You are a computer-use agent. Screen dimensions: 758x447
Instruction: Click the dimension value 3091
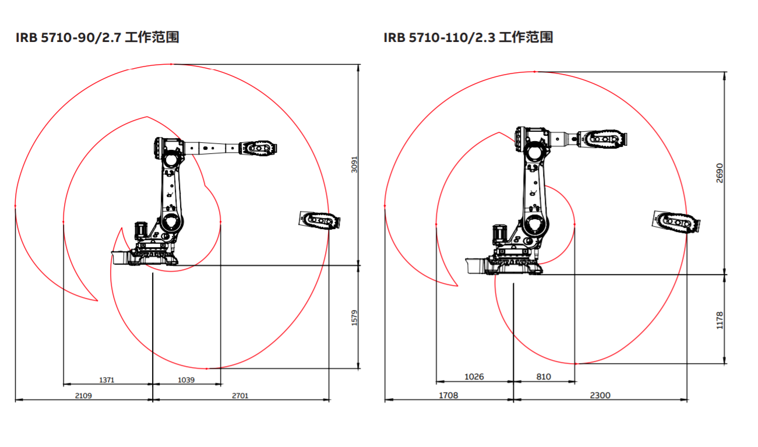[x=354, y=165]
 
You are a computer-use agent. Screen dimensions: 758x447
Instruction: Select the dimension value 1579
[x=354, y=318]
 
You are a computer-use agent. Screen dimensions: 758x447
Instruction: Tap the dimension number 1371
[x=107, y=380]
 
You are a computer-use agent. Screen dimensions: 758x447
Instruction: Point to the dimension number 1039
[x=186, y=380]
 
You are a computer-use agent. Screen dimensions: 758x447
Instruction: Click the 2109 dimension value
[x=83, y=396]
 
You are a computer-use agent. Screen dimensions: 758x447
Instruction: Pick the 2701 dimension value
[x=240, y=396]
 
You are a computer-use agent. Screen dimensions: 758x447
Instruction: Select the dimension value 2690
[x=720, y=173]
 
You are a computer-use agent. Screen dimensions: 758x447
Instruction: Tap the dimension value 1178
[x=720, y=321]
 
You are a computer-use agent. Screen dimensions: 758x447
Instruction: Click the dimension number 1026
[x=474, y=376]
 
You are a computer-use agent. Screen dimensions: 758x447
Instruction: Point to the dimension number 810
[x=544, y=376]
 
